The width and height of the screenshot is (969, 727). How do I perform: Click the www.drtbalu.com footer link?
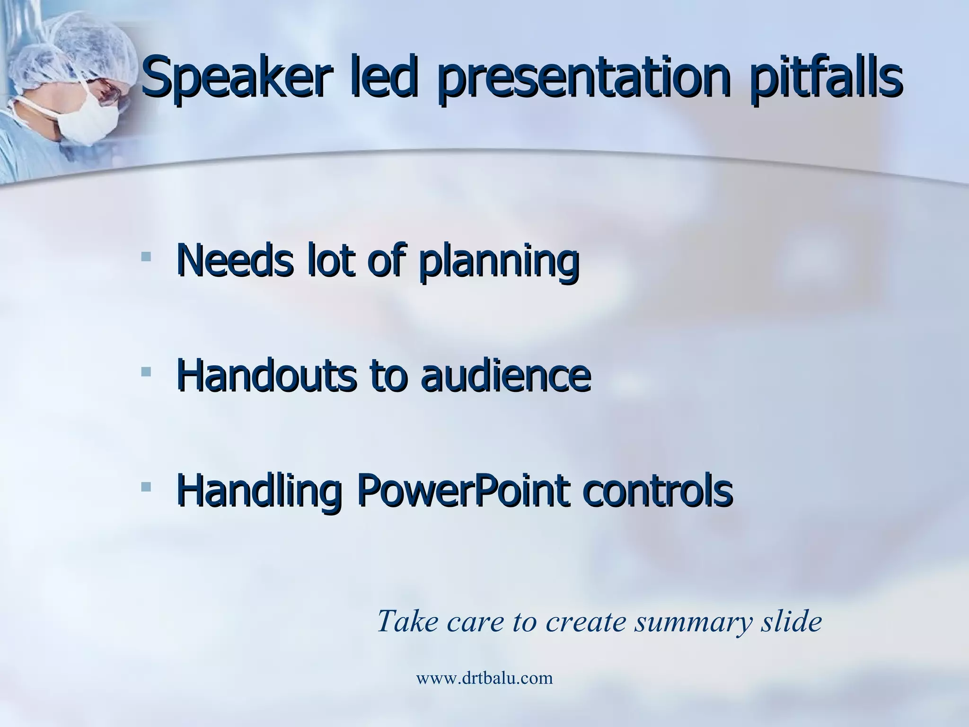pos(484,678)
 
